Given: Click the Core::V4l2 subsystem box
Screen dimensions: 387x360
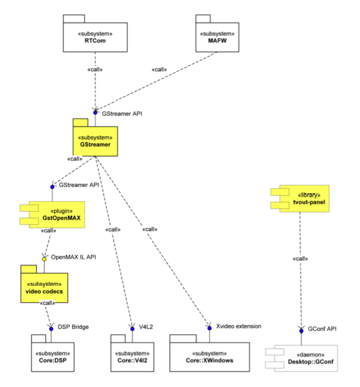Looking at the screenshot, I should tap(131, 356).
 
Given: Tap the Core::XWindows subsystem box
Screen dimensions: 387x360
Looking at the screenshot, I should tap(210, 356).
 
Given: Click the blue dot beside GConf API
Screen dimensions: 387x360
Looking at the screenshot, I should tap(301, 330).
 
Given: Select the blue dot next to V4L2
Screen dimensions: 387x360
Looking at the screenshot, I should tap(132, 328).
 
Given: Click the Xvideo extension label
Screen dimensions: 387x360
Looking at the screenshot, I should tap(239, 326).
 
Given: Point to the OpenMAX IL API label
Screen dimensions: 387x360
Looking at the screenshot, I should tap(74, 256).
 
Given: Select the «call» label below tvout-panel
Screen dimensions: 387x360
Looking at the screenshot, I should tap(301, 259).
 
